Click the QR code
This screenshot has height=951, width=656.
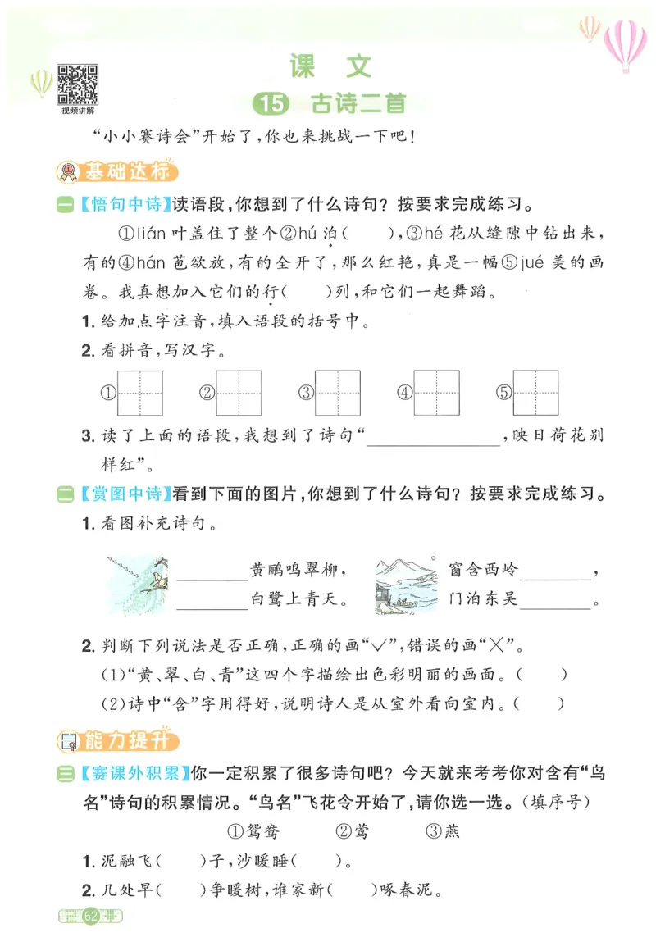(77, 84)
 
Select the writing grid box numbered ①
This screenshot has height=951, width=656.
(140, 392)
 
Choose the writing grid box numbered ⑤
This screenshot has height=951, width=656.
(535, 392)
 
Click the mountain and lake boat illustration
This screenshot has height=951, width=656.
(405, 584)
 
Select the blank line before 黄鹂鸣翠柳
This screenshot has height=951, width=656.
(212, 575)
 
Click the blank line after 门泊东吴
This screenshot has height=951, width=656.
(555, 604)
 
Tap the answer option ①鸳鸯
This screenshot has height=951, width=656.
(251, 831)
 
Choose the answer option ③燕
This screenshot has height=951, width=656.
(444, 831)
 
